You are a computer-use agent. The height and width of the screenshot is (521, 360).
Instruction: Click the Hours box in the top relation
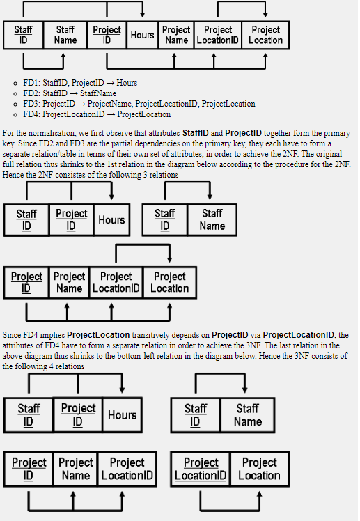[142, 35]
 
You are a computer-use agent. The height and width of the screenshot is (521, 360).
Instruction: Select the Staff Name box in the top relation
[65, 35]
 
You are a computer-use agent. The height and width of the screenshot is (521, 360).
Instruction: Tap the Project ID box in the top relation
[107, 35]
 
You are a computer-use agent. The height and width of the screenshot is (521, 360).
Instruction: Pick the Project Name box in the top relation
[176, 35]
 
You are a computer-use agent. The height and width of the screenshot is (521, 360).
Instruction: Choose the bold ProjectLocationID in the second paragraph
[299, 335]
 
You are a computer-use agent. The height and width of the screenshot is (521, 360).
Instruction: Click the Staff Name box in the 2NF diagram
[212, 219]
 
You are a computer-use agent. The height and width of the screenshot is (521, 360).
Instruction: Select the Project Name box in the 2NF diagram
[69, 282]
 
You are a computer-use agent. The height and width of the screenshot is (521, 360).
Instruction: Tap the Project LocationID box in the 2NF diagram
[116, 282]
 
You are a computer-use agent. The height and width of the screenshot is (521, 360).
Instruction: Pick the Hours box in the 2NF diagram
[111, 219]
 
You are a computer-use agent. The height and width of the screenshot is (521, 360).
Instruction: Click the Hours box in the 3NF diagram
[122, 414]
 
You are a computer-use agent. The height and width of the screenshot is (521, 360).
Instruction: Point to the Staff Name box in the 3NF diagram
[247, 414]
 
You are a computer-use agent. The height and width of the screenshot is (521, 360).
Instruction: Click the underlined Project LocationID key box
[201, 469]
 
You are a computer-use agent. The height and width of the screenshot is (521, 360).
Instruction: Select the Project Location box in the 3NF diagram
[259, 469]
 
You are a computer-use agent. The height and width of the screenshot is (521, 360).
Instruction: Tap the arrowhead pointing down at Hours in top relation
[142, 15]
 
